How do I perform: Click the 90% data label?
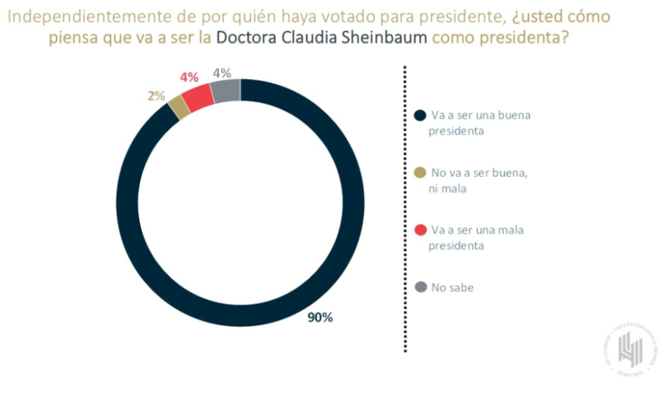click(320, 318)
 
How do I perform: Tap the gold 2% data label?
click(155, 96)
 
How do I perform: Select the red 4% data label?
click(189, 77)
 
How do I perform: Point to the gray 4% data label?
click(221, 74)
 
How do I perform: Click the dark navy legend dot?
click(421, 115)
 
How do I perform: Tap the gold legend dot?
click(421, 173)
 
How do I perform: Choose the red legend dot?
click(421, 230)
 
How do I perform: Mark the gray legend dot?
click(421, 287)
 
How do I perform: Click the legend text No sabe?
click(452, 287)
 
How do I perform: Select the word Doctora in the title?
click(252, 38)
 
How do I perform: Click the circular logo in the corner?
click(630, 351)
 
